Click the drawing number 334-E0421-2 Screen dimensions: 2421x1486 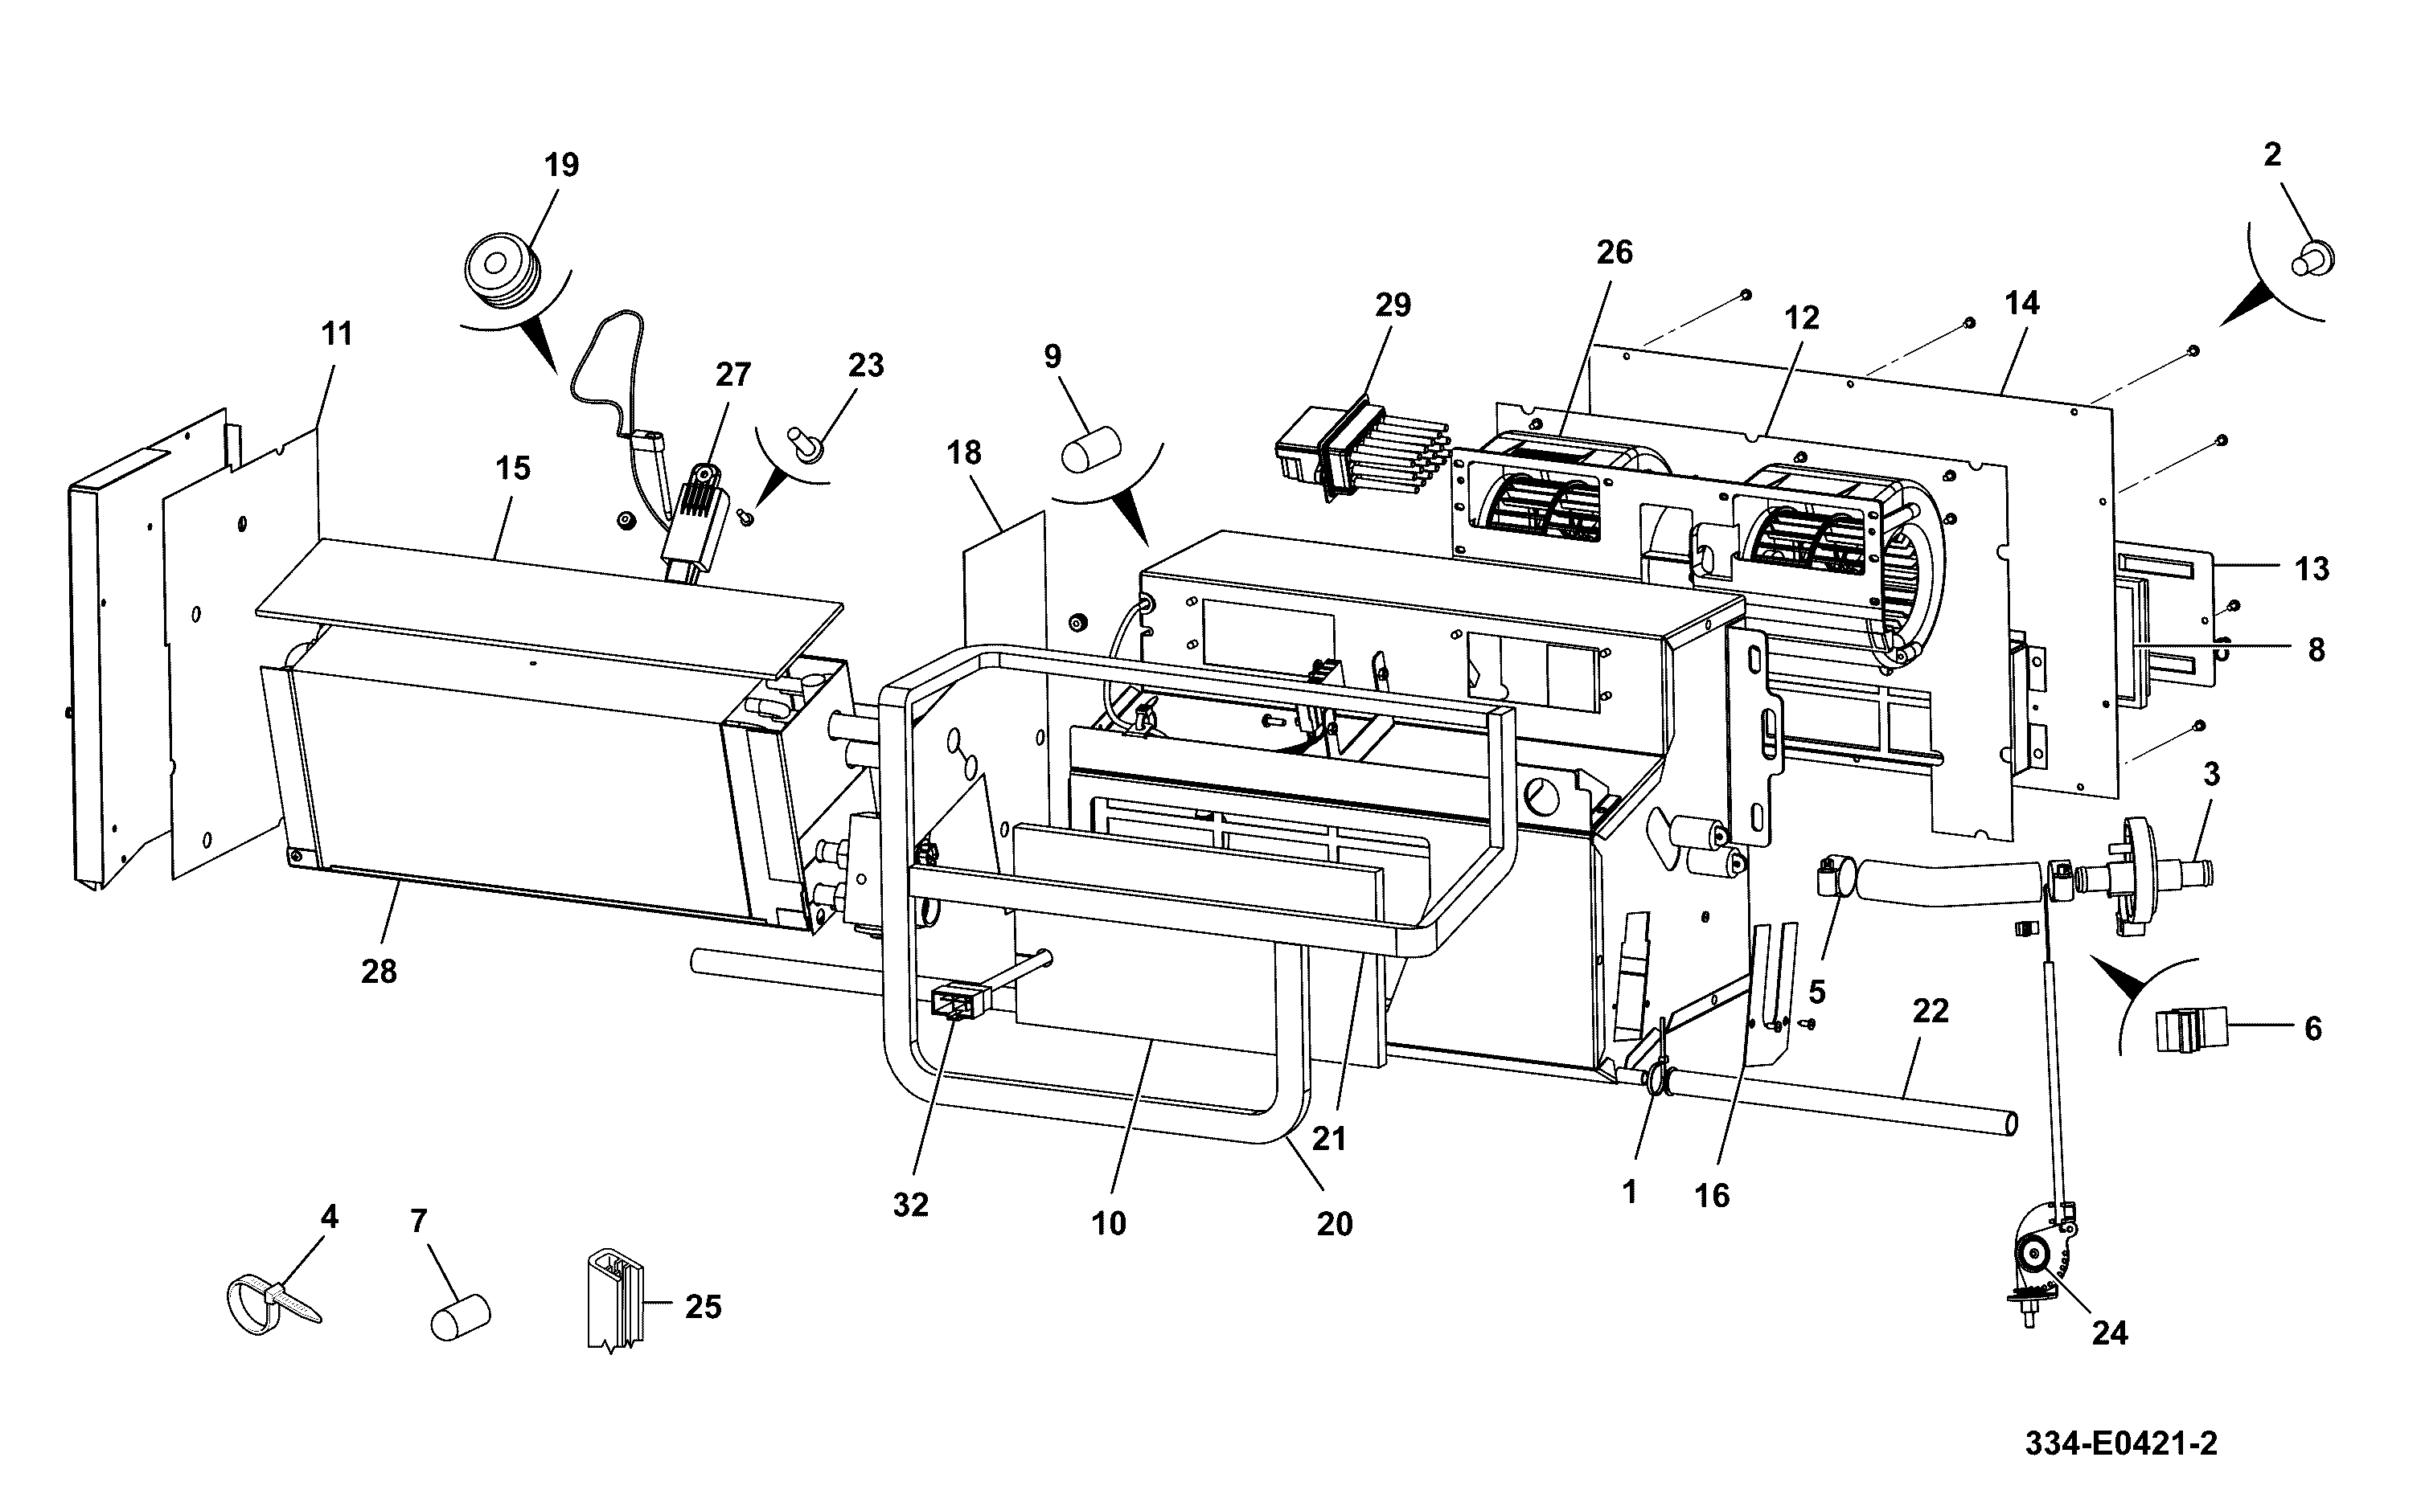[2120, 1443]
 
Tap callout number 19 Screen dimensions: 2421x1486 [561, 165]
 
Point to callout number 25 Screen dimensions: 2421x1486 [703, 1306]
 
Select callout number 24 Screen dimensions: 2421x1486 [2109, 1332]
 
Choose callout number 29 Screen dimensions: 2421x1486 [1393, 305]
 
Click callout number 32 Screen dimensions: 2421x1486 [910, 1205]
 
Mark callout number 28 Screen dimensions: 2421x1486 [379, 972]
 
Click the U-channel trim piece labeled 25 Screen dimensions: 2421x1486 [615, 1300]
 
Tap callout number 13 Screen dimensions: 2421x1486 [2312, 569]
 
